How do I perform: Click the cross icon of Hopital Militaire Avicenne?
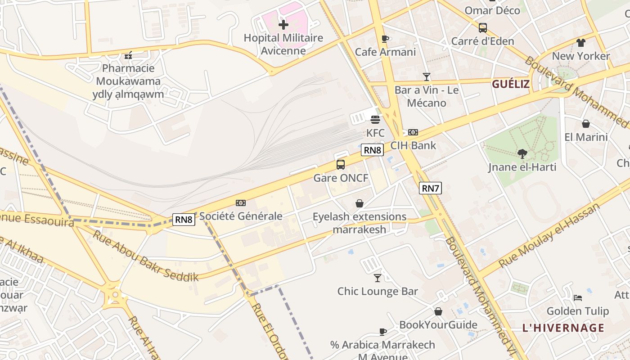coord(283,24)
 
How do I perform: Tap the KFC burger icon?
coord(375,120)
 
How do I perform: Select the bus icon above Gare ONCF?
coord(341,165)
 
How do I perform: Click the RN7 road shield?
coord(430,188)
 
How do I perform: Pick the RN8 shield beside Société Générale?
coord(184,220)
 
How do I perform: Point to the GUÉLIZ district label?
coord(510,84)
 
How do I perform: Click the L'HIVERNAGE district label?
coord(563,328)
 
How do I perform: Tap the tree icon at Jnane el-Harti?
coord(522,154)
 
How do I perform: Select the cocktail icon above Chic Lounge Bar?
coord(378,278)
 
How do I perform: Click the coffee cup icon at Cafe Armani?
coord(385,39)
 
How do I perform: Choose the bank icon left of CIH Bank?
coord(413,132)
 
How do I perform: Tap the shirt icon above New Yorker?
coord(580,43)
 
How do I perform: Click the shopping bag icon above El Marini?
coord(585,124)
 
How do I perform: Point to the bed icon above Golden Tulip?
coord(578,298)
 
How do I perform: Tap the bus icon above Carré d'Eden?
coord(482,28)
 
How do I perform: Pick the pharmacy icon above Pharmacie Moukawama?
coord(128,55)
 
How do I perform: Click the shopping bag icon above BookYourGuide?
coord(438,311)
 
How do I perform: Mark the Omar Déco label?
coord(492,10)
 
